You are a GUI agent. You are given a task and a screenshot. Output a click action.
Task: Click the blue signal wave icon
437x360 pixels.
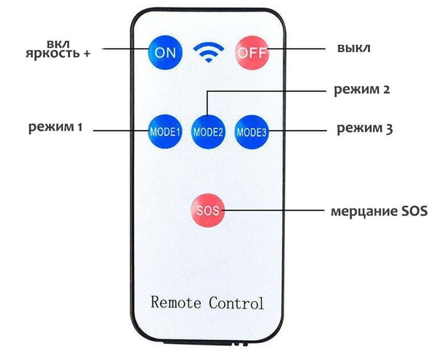click(x=208, y=52)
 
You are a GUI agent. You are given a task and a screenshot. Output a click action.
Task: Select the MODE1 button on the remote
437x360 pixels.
click(x=164, y=131)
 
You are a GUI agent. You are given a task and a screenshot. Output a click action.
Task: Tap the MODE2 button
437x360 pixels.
click(x=208, y=131)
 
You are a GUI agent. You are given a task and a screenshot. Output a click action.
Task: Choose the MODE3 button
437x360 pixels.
click(x=251, y=131)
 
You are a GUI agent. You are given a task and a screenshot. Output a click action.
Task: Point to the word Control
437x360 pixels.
click(x=236, y=302)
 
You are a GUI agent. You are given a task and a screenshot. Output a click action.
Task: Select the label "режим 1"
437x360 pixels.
click(x=55, y=127)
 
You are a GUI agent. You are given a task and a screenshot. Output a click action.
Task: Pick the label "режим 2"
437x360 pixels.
click(x=361, y=90)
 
